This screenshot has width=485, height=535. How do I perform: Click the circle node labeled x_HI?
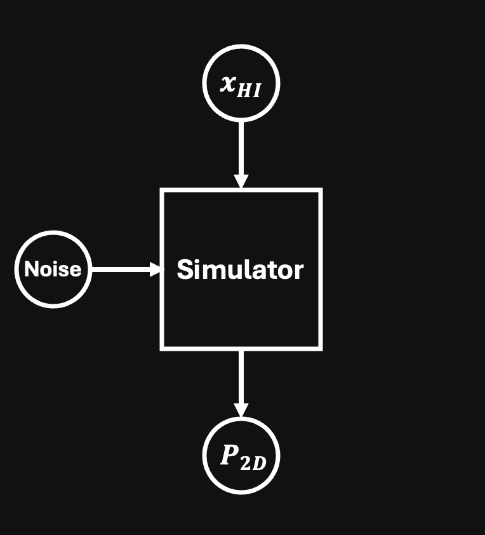click(x=241, y=84)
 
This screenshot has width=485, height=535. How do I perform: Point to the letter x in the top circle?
click(x=228, y=83)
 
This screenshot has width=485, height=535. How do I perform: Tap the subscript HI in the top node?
click(x=249, y=90)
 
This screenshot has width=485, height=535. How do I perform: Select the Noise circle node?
click(x=53, y=269)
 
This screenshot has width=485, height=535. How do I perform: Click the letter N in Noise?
click(x=30, y=269)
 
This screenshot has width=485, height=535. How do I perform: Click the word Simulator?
click(x=240, y=270)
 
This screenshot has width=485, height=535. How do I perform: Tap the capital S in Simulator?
click(x=185, y=270)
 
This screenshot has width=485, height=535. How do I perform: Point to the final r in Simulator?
click(x=299, y=272)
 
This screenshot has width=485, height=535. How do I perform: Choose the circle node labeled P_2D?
click(x=241, y=455)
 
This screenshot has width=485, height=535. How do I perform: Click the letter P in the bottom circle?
click(x=229, y=455)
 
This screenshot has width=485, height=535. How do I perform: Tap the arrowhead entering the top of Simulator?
click(x=241, y=180)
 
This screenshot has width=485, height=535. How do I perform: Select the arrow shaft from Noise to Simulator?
click(x=121, y=269)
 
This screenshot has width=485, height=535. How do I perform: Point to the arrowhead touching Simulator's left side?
click(x=156, y=269)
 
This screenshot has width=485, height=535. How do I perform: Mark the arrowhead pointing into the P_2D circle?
click(x=241, y=409)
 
